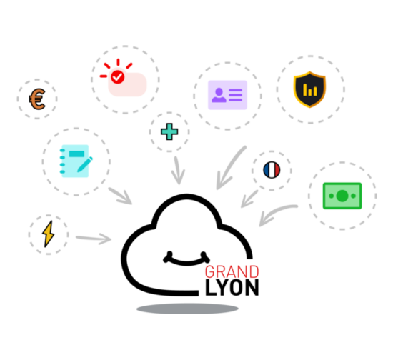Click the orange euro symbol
tap(37, 99)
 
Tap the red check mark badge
tap(118, 76)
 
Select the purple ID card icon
tap(227, 95)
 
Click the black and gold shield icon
tap(309, 89)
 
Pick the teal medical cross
tap(169, 131)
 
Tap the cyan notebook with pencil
tap(76, 161)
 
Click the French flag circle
tap(272, 170)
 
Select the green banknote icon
tap(342, 196)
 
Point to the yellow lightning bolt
tap(48, 234)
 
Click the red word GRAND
tap(232, 272)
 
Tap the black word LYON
tap(232, 288)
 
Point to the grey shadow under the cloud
tap(187, 309)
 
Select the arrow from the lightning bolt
tap(94, 239)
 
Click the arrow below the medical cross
tap(178, 171)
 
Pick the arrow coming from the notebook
tap(120, 196)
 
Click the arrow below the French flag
tap(249, 199)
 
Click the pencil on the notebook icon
tap(85, 164)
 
